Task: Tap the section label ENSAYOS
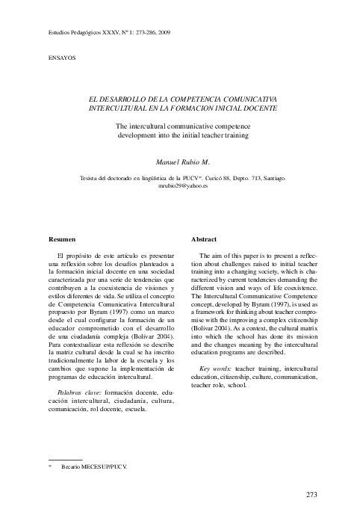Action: pyautogui.click(x=61, y=58)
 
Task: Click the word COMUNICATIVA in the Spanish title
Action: pyautogui.click(x=243, y=99)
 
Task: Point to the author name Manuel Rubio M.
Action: pyautogui.click(x=182, y=161)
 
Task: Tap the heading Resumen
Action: pyautogui.click(x=62, y=238)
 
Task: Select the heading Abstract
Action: pyautogui.click(x=204, y=238)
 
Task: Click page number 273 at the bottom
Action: pyautogui.click(x=312, y=495)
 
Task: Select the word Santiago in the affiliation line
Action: pyautogui.click(x=265, y=178)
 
